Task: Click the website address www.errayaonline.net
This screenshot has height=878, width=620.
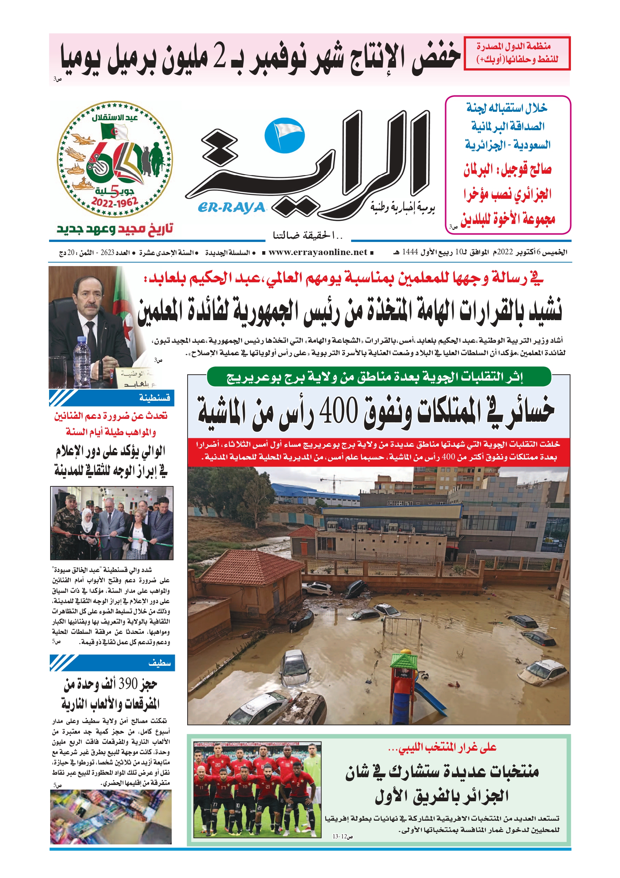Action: (318, 252)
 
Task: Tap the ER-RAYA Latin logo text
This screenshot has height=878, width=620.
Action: (231, 207)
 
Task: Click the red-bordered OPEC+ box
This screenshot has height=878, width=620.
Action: (517, 53)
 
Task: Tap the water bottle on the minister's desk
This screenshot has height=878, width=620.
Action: (81, 362)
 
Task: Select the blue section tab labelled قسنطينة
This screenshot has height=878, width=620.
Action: (112, 398)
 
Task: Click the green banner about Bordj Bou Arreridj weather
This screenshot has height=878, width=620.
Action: (379, 377)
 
